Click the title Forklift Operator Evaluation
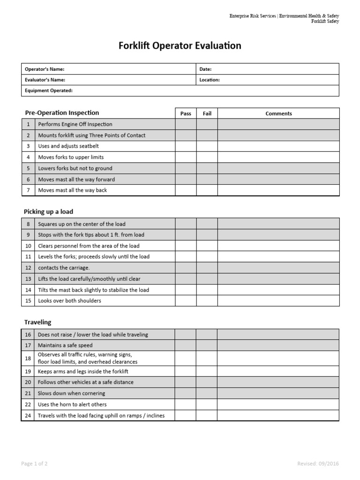(180, 45)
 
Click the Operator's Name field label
(45, 69)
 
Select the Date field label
(205, 69)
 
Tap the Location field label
(209, 80)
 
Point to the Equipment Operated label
(49, 90)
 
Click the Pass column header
(186, 113)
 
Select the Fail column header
(207, 113)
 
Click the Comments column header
(278, 113)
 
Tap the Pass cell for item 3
(186, 146)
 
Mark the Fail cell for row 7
(207, 190)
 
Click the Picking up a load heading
(48, 212)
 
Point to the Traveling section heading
(37, 322)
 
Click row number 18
(28, 358)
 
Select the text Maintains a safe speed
(65, 345)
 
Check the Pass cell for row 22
(185, 405)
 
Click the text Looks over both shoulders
(69, 301)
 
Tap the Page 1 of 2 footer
(34, 464)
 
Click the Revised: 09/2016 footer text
(318, 464)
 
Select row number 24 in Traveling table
(28, 415)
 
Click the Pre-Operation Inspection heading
(61, 113)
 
